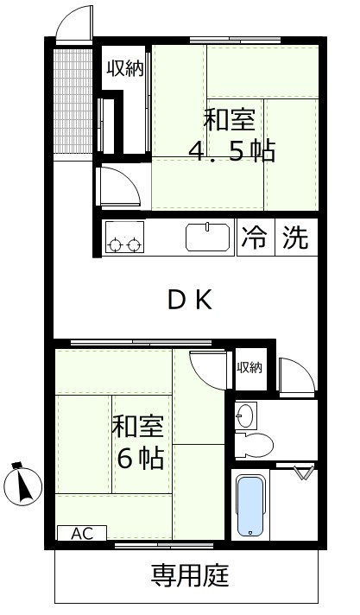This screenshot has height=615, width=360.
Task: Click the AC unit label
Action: [82, 533]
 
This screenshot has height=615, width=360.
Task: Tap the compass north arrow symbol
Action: [22, 484]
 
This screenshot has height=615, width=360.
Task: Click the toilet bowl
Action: [254, 444]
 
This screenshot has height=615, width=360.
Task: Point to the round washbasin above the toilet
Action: [246, 415]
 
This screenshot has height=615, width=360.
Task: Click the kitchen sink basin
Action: [208, 237]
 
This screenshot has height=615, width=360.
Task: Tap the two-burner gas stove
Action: [124, 237]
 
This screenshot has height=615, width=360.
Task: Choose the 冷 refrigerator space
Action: [255, 238]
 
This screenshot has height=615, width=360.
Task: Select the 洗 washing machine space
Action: [296, 238]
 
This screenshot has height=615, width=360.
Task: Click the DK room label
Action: [191, 301]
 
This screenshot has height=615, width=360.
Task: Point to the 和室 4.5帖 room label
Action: [231, 135]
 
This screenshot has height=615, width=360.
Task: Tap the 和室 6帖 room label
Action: [138, 442]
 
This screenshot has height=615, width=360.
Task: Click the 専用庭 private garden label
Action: [190, 575]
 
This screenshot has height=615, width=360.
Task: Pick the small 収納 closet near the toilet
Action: [249, 368]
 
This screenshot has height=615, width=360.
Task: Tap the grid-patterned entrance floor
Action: [73, 101]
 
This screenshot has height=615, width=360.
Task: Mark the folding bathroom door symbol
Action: [304, 472]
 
